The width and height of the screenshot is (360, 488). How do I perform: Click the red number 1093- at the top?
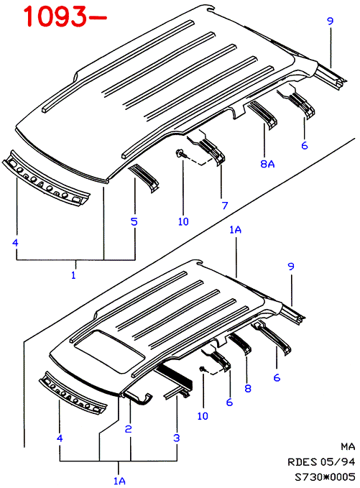65,17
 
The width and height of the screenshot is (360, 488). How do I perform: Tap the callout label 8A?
267,164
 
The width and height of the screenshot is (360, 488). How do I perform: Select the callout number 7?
225,206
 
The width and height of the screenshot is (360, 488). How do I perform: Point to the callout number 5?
134,221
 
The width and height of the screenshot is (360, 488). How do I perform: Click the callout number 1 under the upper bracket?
74,275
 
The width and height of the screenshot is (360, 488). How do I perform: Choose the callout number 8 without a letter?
248,388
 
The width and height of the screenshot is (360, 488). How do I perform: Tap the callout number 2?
128,429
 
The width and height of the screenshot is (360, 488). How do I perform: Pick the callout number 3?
177,438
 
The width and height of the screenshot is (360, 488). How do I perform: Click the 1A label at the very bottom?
119,481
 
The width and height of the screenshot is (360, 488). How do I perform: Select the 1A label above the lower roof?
236,230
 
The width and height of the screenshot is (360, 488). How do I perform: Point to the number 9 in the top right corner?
330,21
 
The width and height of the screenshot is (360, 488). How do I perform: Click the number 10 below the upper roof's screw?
183,221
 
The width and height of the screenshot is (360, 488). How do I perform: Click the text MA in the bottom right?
348,446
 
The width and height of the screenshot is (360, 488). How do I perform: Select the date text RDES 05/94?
321,462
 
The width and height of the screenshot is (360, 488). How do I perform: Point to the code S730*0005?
325,477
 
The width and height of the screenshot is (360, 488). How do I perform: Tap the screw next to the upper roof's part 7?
180,153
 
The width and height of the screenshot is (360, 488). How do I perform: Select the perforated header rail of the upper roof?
46,178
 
